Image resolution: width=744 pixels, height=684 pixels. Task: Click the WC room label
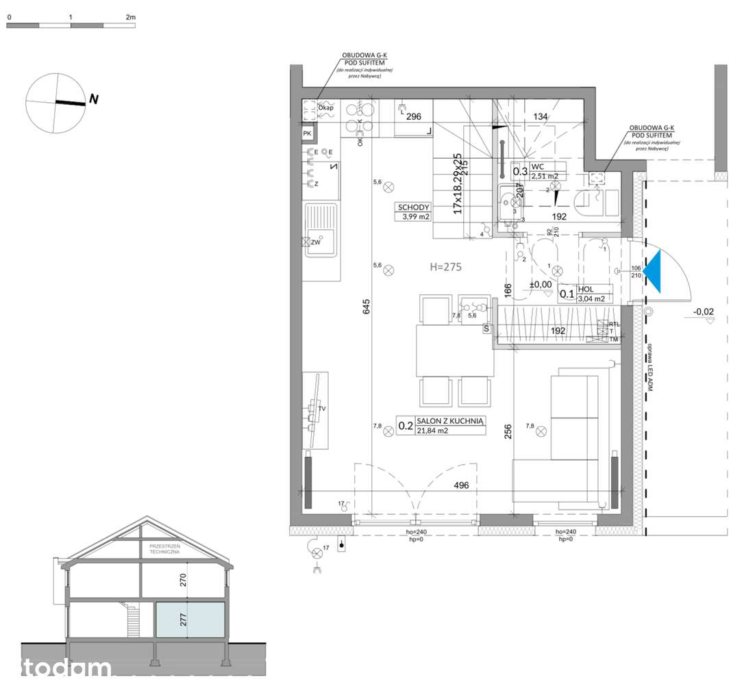coord(538,166)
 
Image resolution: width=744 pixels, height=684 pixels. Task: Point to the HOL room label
coord(585,290)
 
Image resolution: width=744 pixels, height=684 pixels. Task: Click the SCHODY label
coord(413,207)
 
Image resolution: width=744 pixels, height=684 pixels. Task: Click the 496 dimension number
coord(461,486)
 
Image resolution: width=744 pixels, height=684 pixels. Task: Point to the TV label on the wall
coord(321,409)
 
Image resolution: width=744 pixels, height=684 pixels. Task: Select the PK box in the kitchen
coord(308,134)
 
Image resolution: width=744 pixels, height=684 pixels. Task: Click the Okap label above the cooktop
coord(326,108)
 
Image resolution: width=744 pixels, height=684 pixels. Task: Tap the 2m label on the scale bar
coord(130,16)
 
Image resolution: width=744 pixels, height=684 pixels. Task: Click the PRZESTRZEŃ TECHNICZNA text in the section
coord(164,548)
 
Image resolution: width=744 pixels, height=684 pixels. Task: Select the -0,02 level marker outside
coord(703,312)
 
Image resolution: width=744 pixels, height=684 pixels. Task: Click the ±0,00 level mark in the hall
coord(540,285)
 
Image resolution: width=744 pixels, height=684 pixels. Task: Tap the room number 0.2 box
coord(406,426)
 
